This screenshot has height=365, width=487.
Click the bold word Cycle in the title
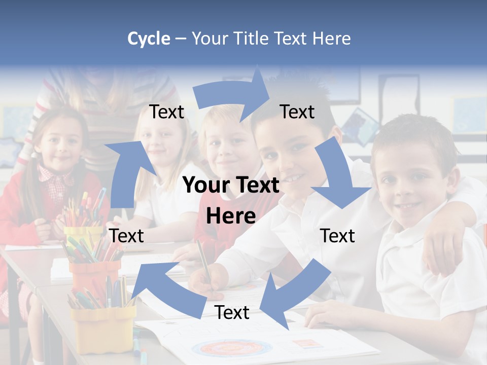click(149, 39)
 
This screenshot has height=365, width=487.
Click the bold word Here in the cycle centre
click(231, 216)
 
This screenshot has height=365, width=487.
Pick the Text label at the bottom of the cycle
click(232, 313)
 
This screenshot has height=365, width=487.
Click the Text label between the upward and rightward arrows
click(166, 112)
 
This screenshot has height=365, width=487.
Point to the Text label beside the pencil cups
click(126, 236)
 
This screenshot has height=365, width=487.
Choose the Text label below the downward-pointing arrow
click(337, 236)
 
